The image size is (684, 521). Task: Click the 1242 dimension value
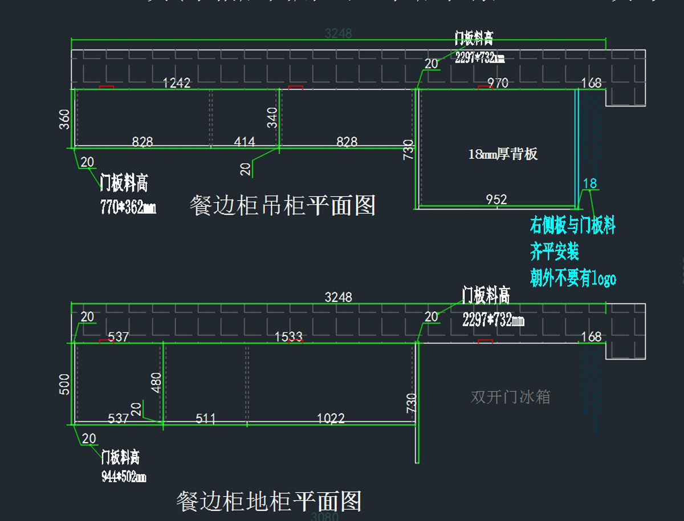point(177,83)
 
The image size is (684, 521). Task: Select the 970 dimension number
point(498,83)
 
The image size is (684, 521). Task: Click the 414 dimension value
point(245,142)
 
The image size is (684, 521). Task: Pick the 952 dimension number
point(496,199)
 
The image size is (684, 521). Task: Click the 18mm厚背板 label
point(503,154)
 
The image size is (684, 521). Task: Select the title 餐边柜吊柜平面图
point(282,206)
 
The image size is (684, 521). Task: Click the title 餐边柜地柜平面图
point(269,502)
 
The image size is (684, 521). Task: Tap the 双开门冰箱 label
point(510,397)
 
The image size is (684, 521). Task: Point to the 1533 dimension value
point(288,337)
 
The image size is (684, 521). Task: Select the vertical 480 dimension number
point(156,383)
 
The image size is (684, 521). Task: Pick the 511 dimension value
point(206,419)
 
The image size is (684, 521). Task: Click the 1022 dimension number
point(331,419)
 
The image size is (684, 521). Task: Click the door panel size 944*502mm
point(124,477)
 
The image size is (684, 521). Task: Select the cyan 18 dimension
point(590,183)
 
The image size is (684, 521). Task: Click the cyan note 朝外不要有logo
point(573,279)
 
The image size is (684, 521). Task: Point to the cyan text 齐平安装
point(555,252)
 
